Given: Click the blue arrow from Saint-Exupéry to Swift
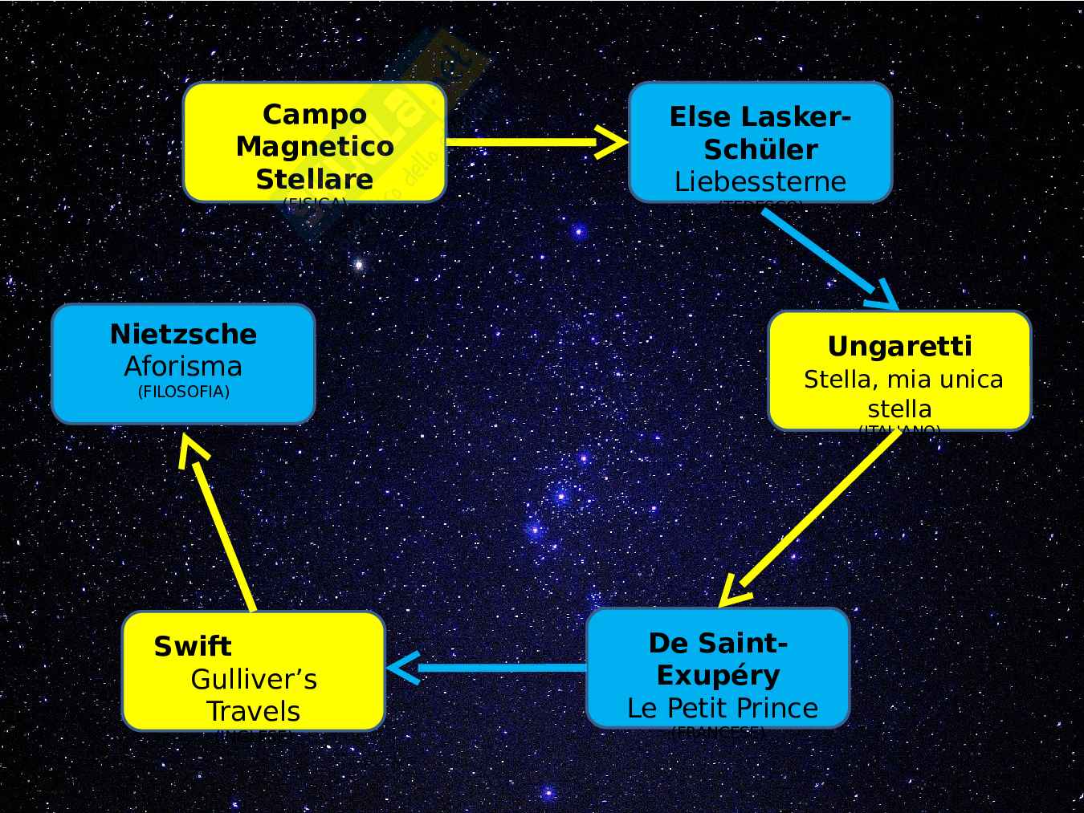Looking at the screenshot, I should (x=490, y=668).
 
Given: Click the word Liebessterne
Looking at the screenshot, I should (x=760, y=181).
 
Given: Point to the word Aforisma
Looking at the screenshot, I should (x=183, y=366).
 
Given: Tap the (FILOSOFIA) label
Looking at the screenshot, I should (x=183, y=392).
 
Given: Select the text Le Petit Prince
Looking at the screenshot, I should (x=722, y=708).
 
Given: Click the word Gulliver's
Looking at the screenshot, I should (x=254, y=680).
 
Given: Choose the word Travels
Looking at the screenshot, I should (x=254, y=711).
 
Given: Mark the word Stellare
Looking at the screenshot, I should (x=314, y=178).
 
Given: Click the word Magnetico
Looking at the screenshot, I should (x=314, y=146).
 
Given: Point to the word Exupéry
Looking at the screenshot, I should (x=718, y=675).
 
